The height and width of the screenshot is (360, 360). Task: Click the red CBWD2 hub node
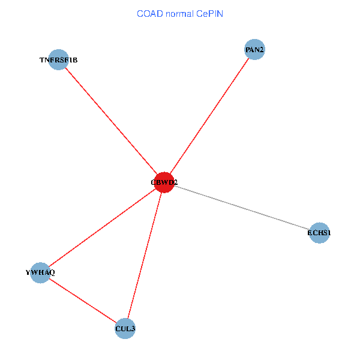tap(164, 182)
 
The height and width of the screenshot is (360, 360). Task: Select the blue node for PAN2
tap(254, 49)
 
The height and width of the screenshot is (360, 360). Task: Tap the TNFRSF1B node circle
tap(58, 59)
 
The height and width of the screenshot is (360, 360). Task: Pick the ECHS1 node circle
tap(319, 233)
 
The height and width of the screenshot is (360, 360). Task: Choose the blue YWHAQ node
tap(40, 272)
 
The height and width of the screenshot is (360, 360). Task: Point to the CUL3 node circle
tap(125, 328)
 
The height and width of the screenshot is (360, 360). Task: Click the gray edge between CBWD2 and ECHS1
tap(242, 208)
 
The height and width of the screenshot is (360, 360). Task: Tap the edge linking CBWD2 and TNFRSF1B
tap(111, 121)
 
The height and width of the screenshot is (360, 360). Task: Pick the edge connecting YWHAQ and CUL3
tap(83, 301)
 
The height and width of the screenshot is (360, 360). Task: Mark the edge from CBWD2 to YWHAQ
tap(102, 227)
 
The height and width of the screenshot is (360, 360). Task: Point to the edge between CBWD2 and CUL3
tap(145, 255)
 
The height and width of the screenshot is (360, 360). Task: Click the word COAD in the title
tap(151, 13)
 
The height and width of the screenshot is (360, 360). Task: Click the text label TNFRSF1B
tap(58, 60)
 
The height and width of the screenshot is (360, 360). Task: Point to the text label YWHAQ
tap(40, 273)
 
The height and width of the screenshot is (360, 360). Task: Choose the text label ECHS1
tap(319, 233)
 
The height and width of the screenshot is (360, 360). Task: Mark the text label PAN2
tap(254, 49)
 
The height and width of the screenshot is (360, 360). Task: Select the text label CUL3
tap(125, 329)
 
